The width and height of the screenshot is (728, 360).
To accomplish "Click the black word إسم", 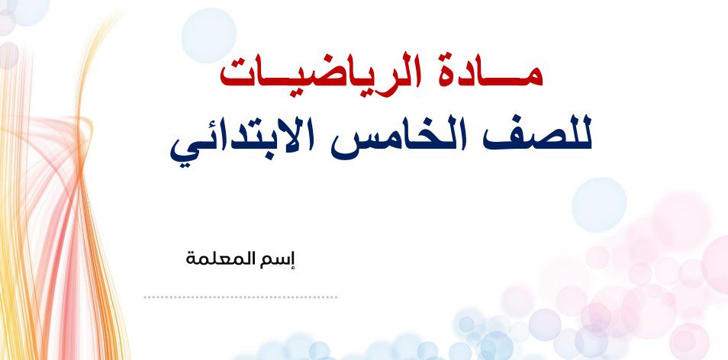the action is [x=283, y=259].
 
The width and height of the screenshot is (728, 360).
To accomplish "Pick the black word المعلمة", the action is [x=227, y=258].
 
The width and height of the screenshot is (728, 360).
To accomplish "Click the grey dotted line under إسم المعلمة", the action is [x=240, y=297].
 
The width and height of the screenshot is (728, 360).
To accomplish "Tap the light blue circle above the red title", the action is [x=208, y=36].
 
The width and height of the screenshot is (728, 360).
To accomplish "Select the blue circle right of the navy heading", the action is [x=599, y=204].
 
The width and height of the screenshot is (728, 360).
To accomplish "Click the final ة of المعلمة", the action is [x=192, y=259].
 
